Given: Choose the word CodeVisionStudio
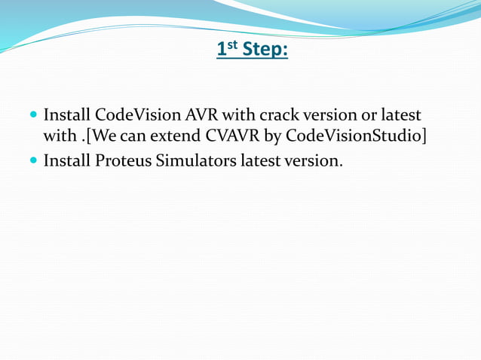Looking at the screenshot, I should [354, 138].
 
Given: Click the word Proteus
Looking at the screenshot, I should [124, 160].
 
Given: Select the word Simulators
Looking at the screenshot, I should [195, 160].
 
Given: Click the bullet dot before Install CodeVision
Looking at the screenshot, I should [32, 117].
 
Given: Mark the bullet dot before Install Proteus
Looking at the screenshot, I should [32, 160].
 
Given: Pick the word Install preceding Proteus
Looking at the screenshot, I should [67, 160].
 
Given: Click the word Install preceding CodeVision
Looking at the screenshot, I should [67, 116].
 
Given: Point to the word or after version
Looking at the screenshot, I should [367, 116].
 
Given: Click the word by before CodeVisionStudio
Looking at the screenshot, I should [271, 138].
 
